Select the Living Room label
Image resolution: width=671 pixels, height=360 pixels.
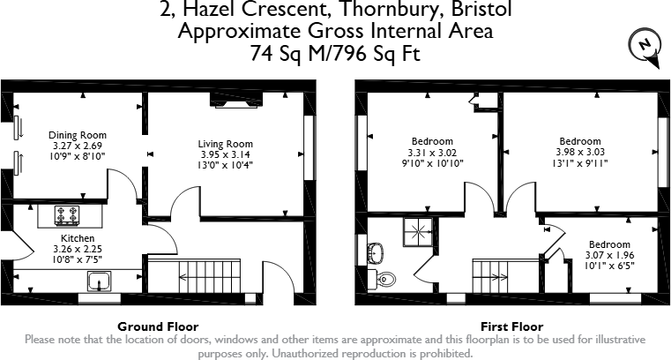click(x=226, y=144)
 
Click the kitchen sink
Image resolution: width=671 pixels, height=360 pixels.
click(x=99, y=281)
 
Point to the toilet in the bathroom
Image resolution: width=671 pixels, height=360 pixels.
click(x=384, y=280)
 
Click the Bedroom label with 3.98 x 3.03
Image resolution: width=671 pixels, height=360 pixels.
click(x=580, y=141)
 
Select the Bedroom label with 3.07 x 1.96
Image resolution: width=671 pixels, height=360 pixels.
click(x=609, y=244)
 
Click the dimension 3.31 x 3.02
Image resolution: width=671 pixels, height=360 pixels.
click(x=432, y=151)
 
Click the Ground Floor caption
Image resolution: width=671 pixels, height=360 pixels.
click(x=158, y=326)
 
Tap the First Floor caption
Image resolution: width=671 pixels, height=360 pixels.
click(x=506, y=326)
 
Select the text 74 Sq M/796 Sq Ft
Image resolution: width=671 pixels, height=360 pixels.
click(x=335, y=54)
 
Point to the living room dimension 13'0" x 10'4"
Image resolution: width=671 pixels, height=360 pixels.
click(x=226, y=165)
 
